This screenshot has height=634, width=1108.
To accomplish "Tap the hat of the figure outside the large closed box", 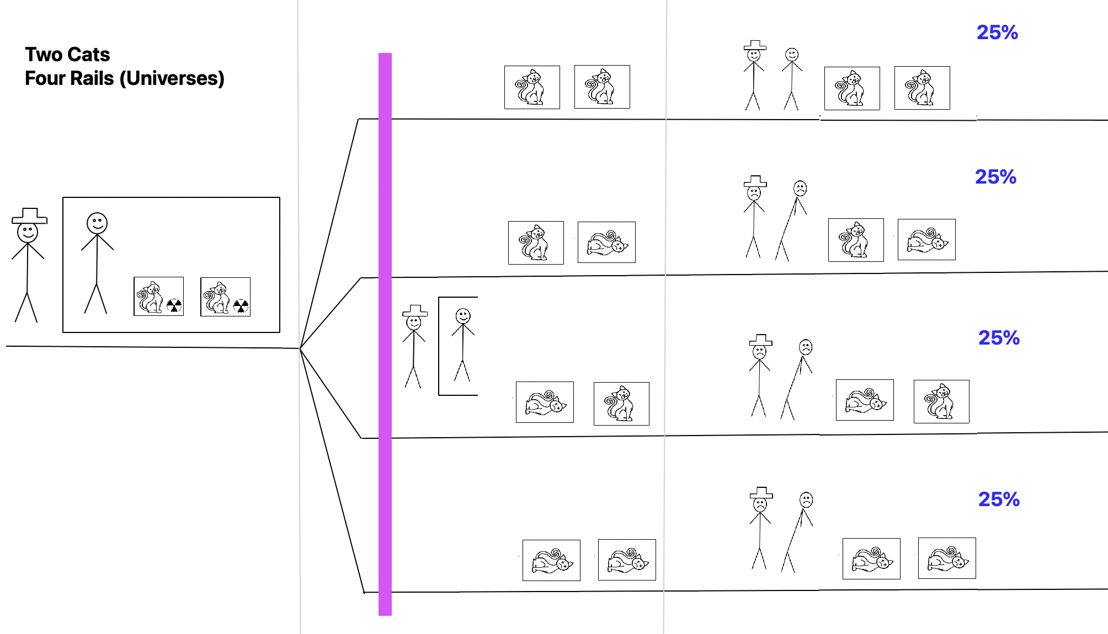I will (x=30, y=216).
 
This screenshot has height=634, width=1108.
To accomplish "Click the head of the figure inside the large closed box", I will (x=97, y=223).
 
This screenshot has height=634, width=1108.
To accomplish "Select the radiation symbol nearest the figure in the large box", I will (x=174, y=305).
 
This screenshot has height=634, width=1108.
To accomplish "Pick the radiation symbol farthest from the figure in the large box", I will (x=241, y=306).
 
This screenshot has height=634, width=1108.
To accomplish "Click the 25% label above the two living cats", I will (x=997, y=33).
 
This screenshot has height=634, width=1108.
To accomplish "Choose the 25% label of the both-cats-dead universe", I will (x=999, y=499).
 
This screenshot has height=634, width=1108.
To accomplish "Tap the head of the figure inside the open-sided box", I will (x=463, y=316).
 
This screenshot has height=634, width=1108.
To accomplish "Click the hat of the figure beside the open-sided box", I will (x=415, y=310).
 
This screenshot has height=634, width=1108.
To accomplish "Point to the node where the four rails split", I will (x=300, y=348).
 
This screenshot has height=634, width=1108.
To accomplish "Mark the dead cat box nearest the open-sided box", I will (x=545, y=402).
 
